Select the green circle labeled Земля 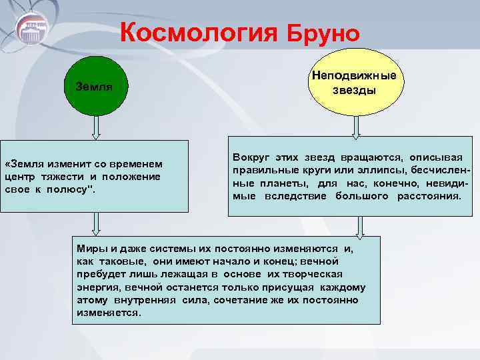point(95,87)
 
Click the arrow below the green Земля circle point(95,127)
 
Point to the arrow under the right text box point(360,227)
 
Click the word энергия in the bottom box point(95,287)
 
